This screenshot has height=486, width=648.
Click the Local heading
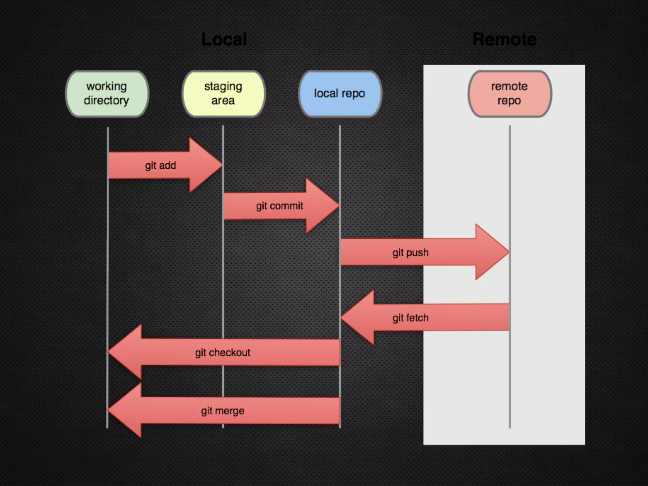pyautogui.click(x=224, y=40)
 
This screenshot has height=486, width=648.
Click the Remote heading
pyautogui.click(x=504, y=40)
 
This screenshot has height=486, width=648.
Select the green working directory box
pyautogui.click(x=107, y=94)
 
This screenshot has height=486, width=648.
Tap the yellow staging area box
pyautogui.click(x=223, y=94)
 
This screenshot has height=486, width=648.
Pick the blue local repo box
pyautogui.click(x=340, y=94)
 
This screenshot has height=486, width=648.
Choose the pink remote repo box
pyautogui.click(x=509, y=94)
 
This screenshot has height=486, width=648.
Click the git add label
pyautogui.click(x=160, y=165)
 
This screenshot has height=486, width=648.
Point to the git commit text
pyautogui.click(x=279, y=206)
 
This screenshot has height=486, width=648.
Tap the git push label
pyautogui.click(x=410, y=253)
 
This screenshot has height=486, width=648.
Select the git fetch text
pyautogui.click(x=410, y=318)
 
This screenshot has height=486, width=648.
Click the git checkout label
pyautogui.click(x=222, y=352)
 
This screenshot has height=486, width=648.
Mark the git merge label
pyautogui.click(x=222, y=411)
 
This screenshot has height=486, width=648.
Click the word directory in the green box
pyautogui.click(x=106, y=101)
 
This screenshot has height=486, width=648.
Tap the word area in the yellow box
pyautogui.click(x=223, y=101)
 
